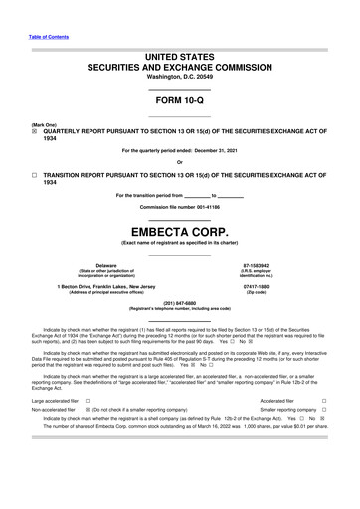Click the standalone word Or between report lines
(179, 162)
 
